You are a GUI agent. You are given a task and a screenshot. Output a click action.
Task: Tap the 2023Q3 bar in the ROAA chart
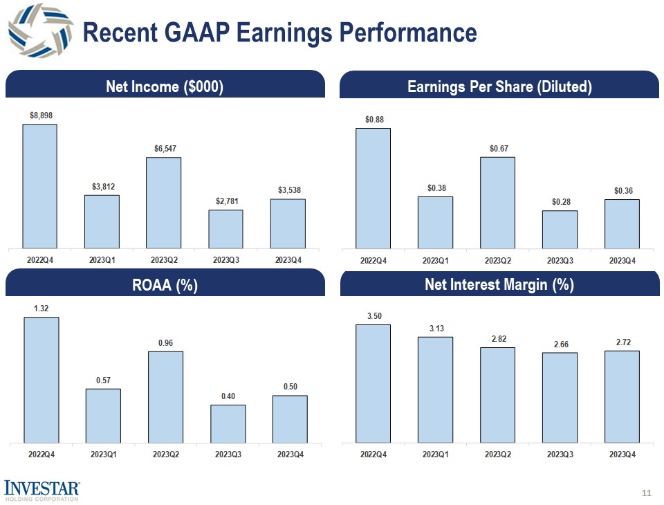(x=228, y=423)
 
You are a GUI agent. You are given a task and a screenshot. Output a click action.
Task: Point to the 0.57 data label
(x=102, y=380)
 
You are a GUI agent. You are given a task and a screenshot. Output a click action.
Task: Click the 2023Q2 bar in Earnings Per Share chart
(x=497, y=203)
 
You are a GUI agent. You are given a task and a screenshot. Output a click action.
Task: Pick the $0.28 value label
(x=560, y=201)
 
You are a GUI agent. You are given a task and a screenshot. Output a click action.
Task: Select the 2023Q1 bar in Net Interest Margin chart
(x=435, y=389)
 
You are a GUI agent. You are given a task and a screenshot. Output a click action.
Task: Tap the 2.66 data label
(x=560, y=343)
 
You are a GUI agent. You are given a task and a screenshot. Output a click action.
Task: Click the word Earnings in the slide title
(x=284, y=33)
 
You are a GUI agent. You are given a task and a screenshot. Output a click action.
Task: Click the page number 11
(x=647, y=493)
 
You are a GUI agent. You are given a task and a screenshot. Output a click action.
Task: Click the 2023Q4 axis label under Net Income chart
(x=288, y=260)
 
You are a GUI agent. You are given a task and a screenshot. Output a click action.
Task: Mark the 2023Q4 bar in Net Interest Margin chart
(x=622, y=396)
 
